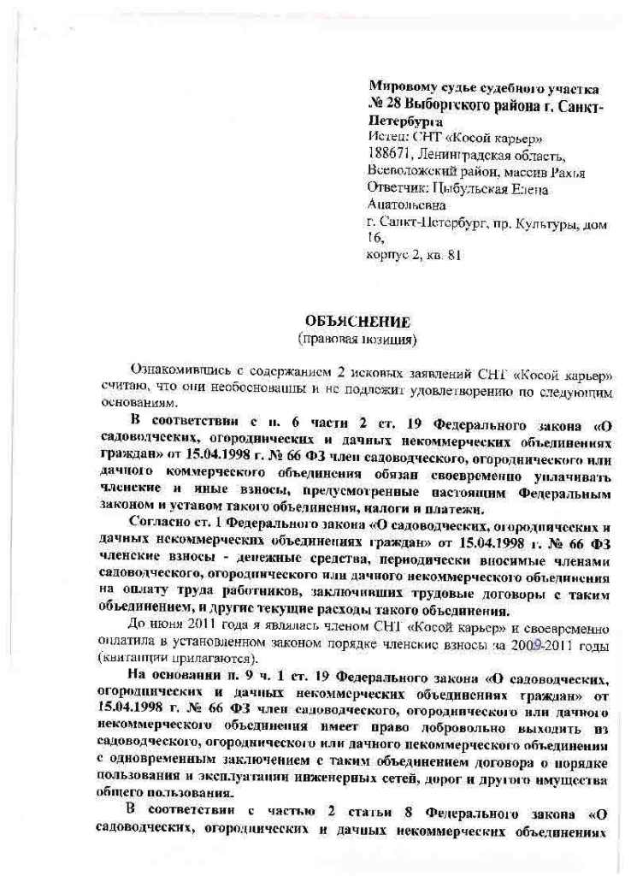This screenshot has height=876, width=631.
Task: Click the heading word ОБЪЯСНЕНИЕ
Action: point(357,323)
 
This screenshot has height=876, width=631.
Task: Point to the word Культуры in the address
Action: point(548,222)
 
